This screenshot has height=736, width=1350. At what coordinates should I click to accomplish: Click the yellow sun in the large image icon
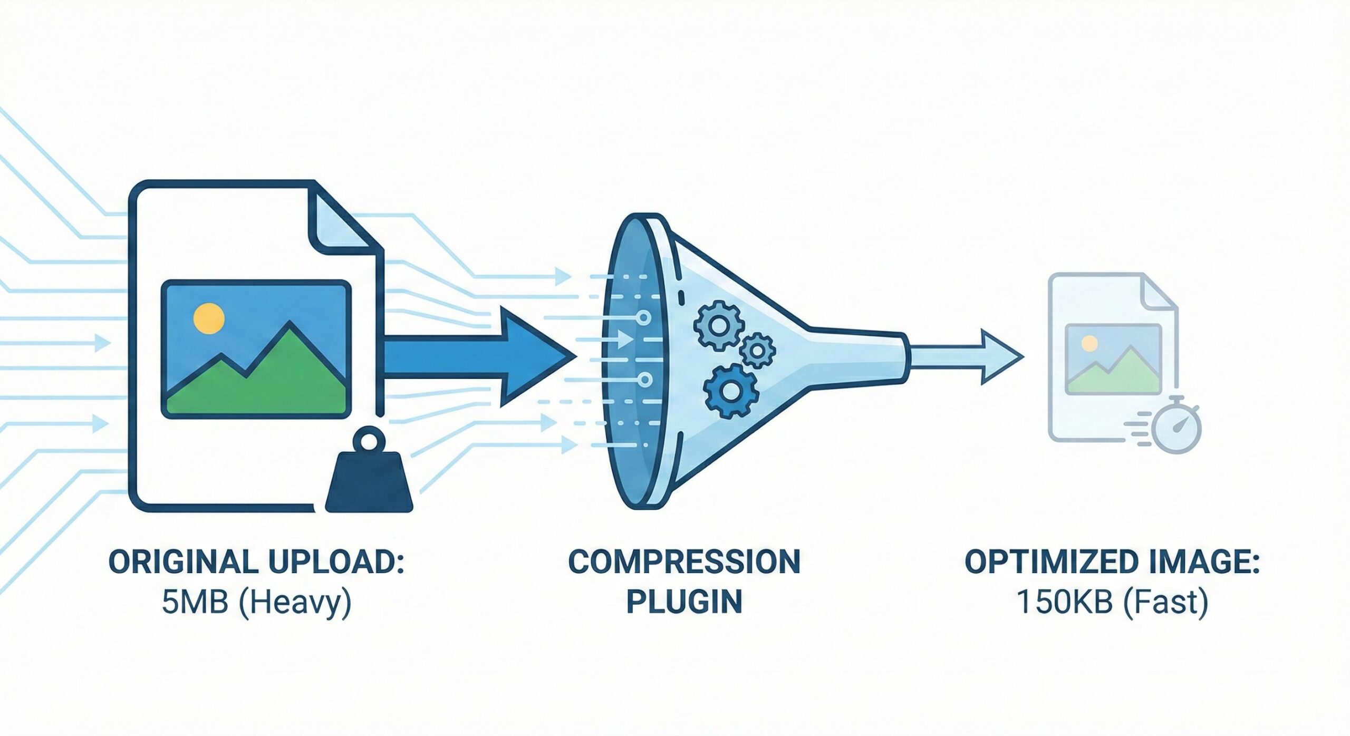click(209, 318)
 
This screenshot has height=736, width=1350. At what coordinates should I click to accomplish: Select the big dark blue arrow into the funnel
click(475, 357)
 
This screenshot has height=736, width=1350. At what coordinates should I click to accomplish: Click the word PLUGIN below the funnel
click(684, 602)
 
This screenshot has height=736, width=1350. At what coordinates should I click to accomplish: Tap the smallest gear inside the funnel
click(757, 350)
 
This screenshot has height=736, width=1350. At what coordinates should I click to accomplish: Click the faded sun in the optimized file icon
click(1089, 344)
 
